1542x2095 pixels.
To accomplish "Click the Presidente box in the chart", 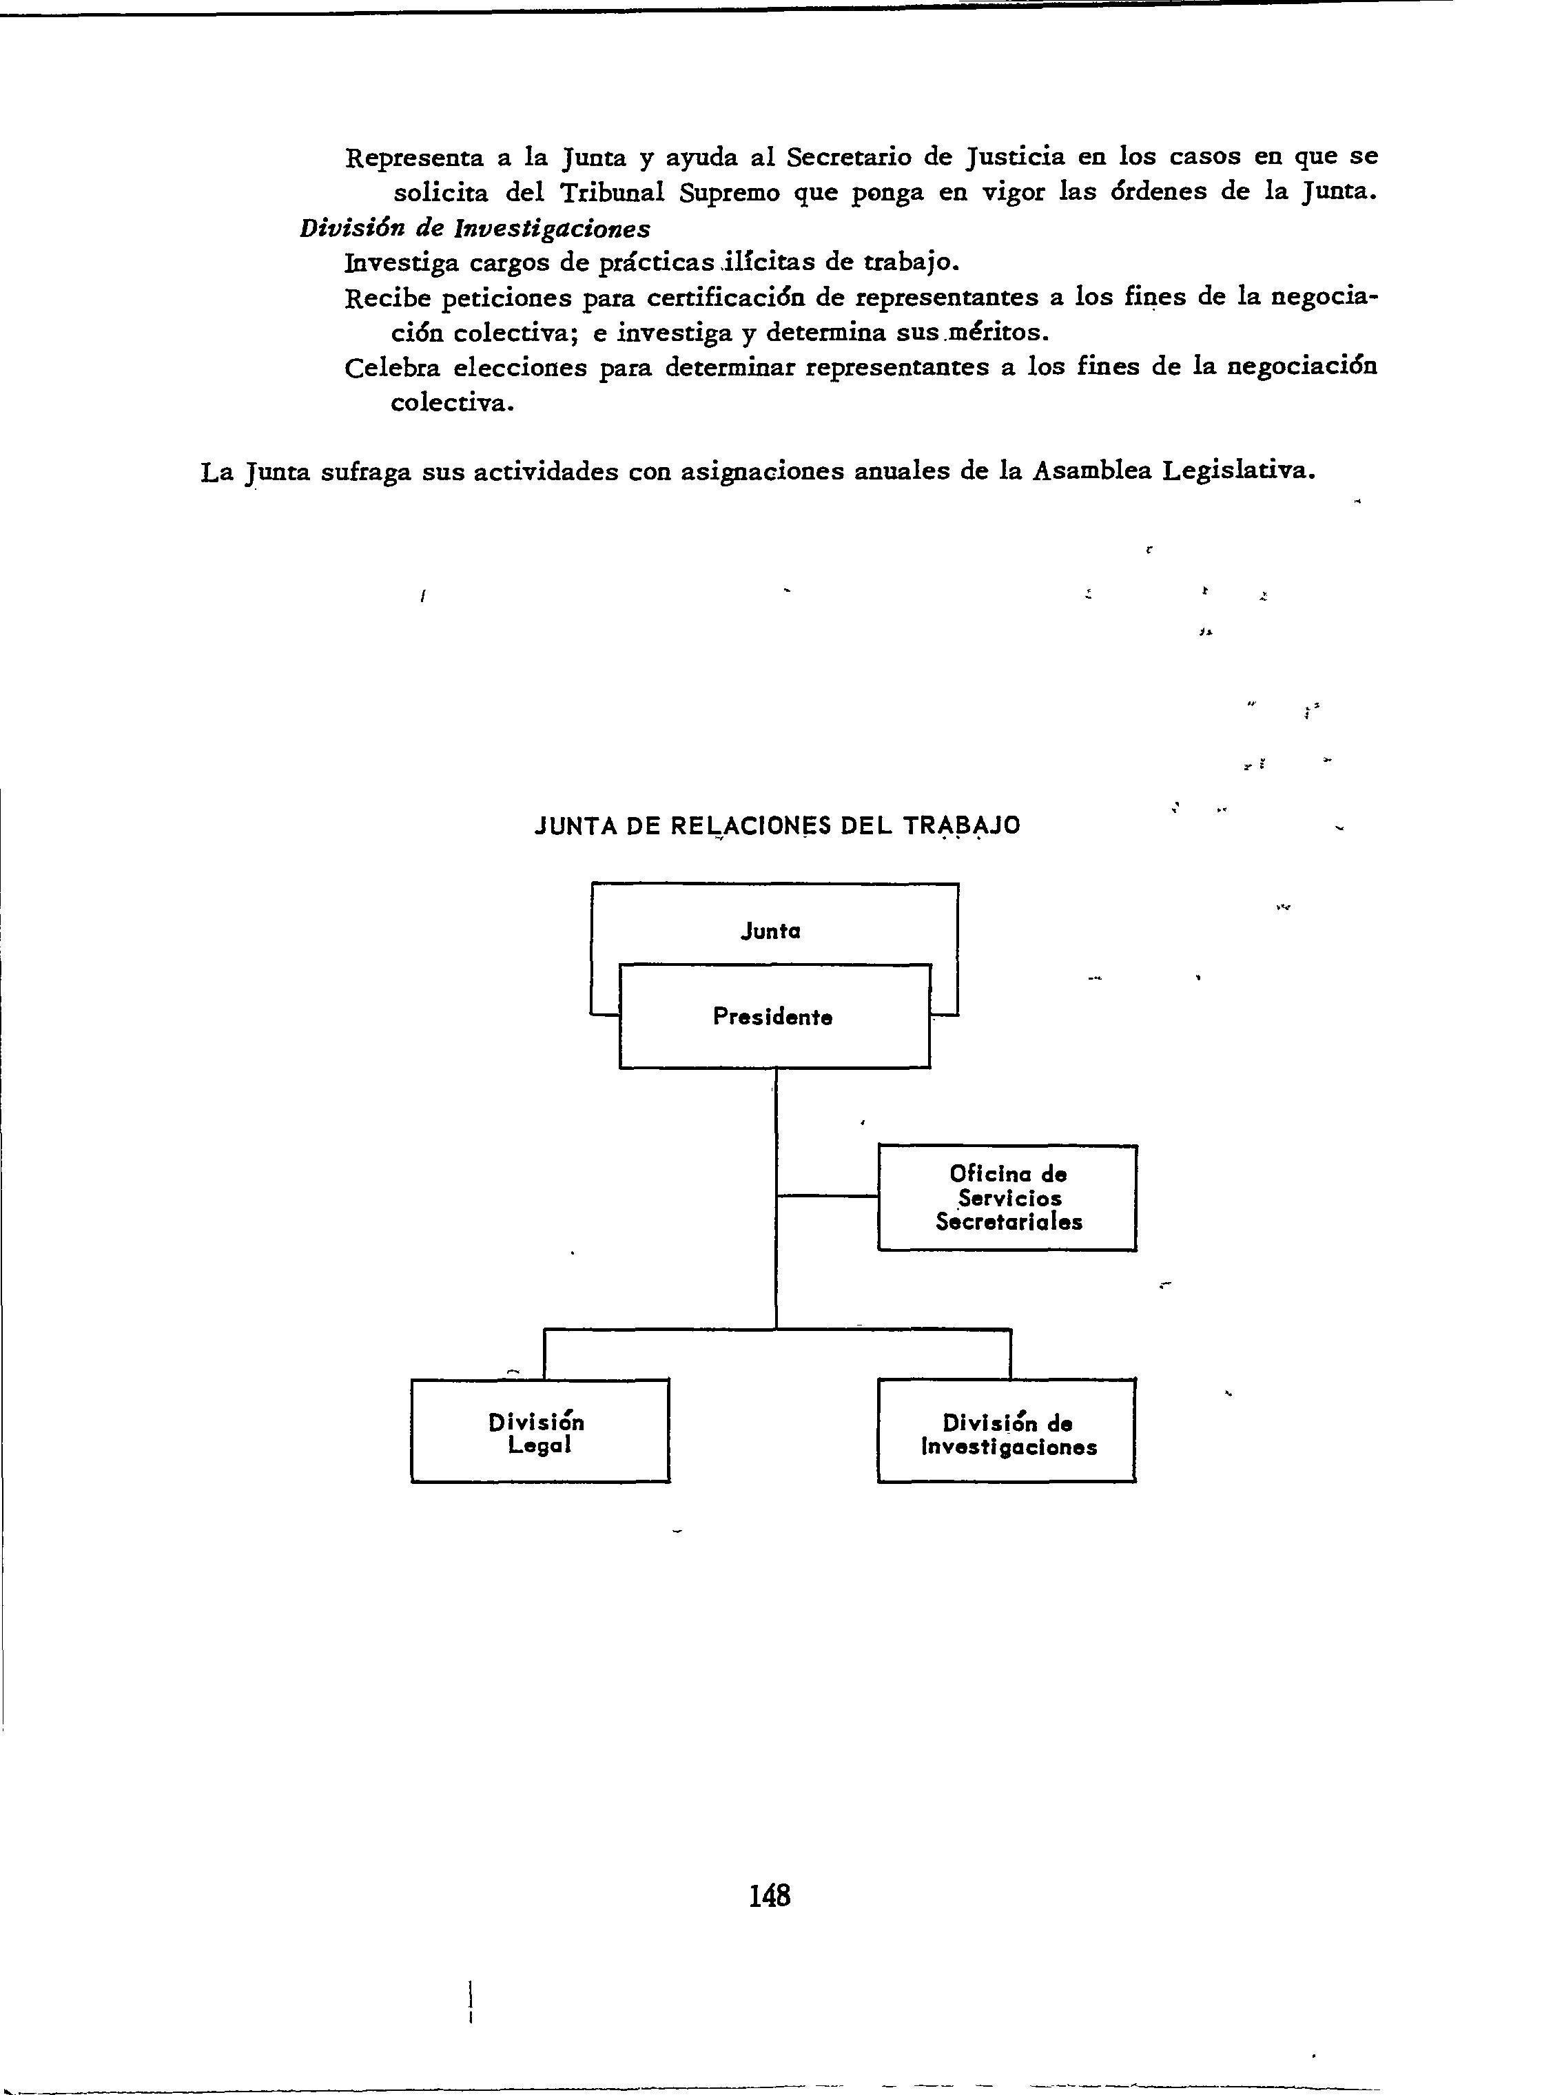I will [x=774, y=1016].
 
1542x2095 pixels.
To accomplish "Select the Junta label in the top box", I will [x=770, y=931].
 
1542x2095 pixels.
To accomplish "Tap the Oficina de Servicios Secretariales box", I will [x=1007, y=1197].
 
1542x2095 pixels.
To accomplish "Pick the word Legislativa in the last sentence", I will [x=1239, y=471].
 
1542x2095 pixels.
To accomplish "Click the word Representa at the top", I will [x=413, y=158].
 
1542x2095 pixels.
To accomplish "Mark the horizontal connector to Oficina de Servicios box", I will [x=827, y=1195].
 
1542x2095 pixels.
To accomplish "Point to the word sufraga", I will [x=366, y=472].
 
